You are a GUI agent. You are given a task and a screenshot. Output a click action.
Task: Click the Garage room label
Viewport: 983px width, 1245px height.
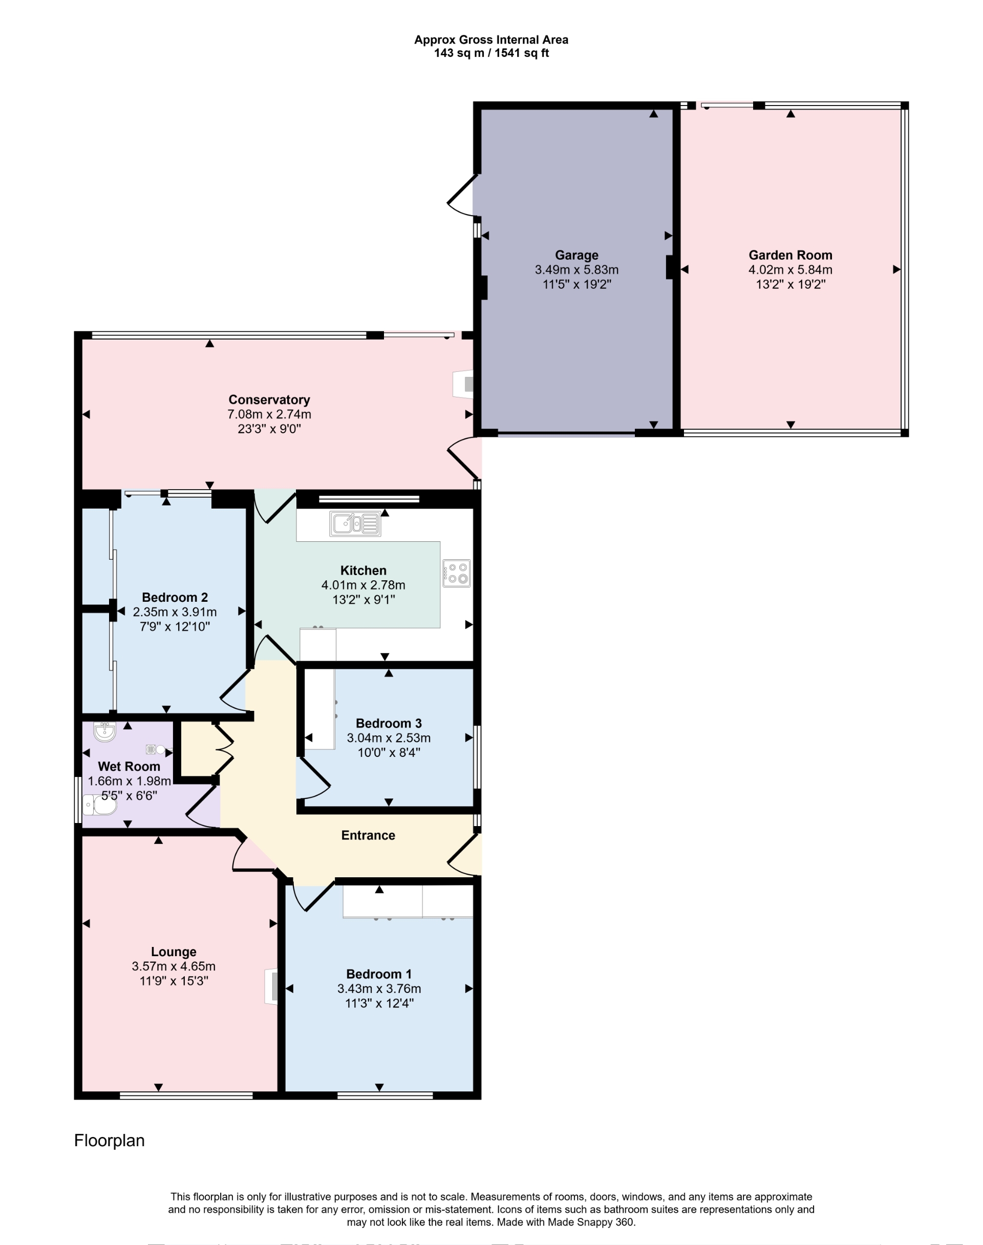click(x=576, y=255)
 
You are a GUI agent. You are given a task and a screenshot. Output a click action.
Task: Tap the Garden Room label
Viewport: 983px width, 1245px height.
click(x=790, y=255)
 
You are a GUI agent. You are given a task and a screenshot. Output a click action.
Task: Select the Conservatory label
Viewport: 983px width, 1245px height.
click(x=269, y=399)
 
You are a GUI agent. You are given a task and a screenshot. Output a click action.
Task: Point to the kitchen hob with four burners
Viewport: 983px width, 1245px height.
click(x=456, y=573)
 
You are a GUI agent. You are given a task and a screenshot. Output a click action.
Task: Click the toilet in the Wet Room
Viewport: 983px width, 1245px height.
click(x=99, y=805)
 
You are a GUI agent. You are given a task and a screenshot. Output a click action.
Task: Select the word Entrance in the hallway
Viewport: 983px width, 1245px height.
click(x=368, y=835)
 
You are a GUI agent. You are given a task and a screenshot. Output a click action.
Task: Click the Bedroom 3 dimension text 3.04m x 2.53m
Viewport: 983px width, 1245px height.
click(x=389, y=738)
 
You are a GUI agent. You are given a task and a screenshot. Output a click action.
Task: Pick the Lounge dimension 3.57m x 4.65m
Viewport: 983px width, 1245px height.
click(x=173, y=966)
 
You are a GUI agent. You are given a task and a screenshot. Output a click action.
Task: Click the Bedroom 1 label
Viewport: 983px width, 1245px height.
click(x=379, y=974)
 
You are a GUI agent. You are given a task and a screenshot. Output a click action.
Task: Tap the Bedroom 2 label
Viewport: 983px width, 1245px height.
click(x=175, y=598)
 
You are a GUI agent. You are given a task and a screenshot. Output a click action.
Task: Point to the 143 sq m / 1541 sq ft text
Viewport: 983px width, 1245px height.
click(x=491, y=53)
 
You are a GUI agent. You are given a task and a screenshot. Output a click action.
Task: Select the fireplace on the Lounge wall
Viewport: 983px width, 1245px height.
click(x=272, y=986)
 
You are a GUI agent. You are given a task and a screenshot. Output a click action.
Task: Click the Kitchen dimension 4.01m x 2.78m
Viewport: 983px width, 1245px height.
click(x=363, y=585)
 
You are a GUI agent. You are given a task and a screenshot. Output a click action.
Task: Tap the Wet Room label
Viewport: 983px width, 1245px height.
click(x=129, y=766)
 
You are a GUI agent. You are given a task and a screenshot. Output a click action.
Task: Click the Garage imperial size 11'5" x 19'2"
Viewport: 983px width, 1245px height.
click(x=576, y=284)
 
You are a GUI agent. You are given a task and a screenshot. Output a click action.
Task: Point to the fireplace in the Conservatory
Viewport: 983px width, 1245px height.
click(x=464, y=384)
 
